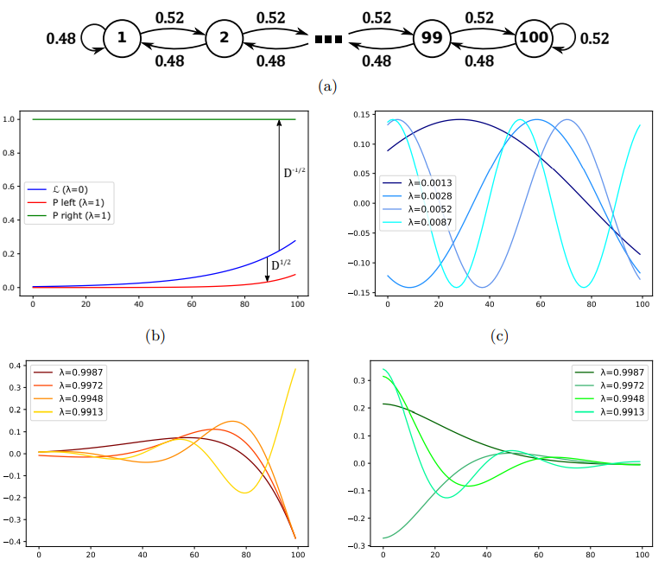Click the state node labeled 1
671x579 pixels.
tap(122, 39)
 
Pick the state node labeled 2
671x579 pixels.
tap(225, 39)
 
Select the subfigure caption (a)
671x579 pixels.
tap(327, 86)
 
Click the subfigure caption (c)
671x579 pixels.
tap(500, 335)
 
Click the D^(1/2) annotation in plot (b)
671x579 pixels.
tap(282, 265)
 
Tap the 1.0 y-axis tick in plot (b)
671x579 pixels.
tap(12, 120)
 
